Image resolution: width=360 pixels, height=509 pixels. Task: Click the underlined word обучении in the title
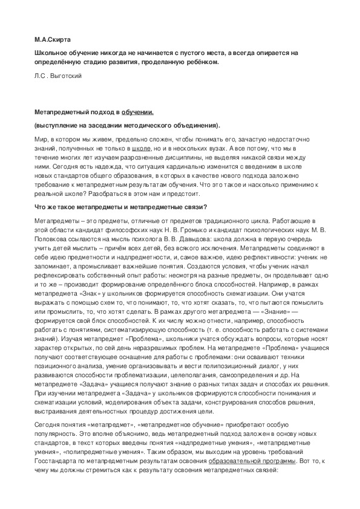(x=137, y=112)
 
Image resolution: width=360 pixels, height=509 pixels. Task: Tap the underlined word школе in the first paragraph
(x=140, y=148)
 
